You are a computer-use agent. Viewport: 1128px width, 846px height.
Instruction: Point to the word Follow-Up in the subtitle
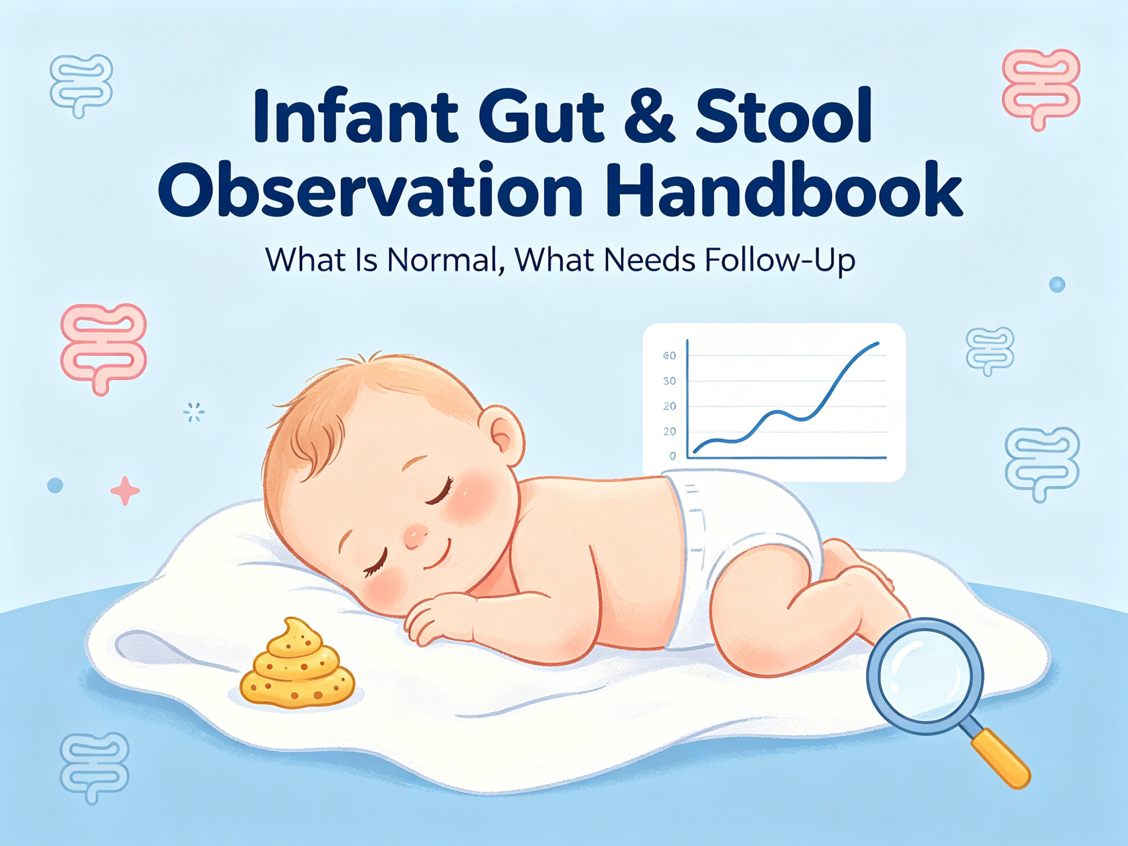point(780,260)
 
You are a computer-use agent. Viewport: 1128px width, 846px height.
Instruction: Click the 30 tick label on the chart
point(669,381)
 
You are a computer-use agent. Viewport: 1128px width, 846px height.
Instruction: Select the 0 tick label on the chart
point(672,456)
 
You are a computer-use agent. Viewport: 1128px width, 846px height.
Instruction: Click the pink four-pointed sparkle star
point(125,491)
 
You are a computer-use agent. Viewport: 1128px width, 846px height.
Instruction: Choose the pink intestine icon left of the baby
point(104,347)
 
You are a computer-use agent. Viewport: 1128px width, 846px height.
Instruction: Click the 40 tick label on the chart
point(669,355)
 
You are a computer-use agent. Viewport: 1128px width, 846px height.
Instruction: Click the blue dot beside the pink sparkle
point(55,485)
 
